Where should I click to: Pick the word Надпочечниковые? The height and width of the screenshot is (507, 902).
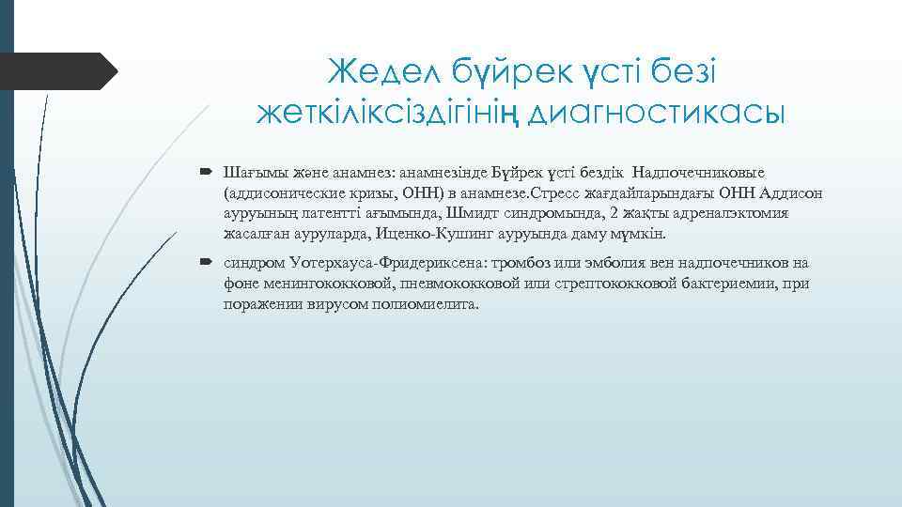698,173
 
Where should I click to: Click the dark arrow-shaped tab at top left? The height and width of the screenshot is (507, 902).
56,71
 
